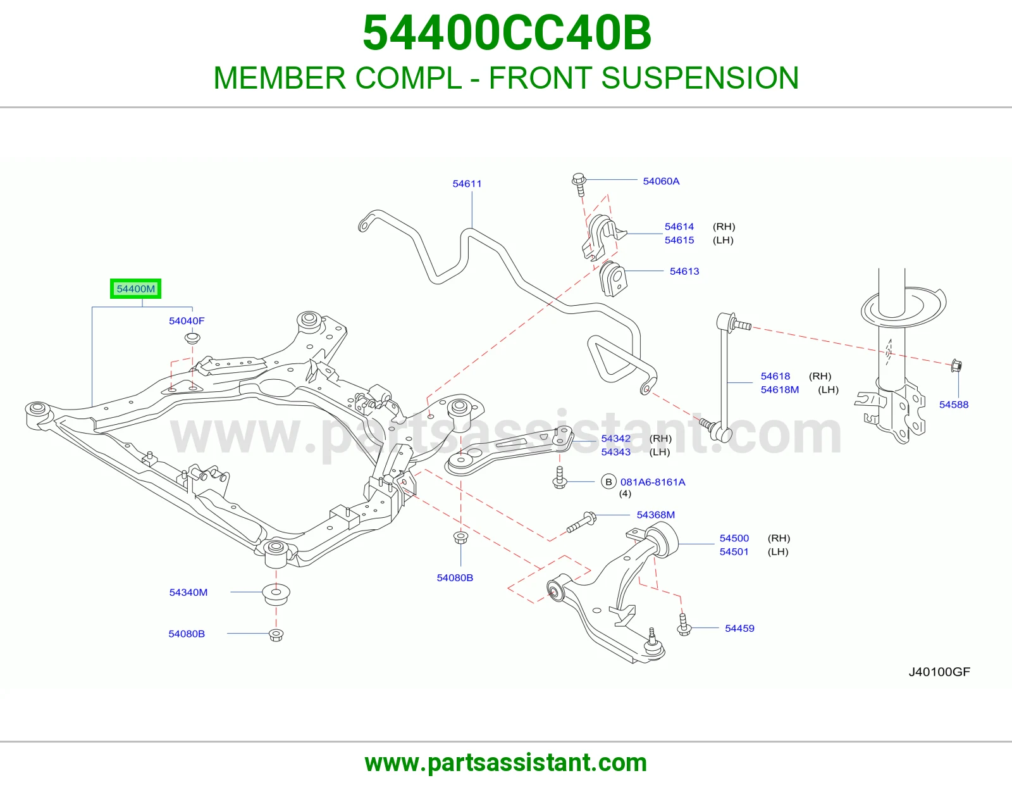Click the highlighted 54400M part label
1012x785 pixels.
(x=135, y=289)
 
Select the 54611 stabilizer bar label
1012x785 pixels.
(x=467, y=184)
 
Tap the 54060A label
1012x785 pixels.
(x=661, y=181)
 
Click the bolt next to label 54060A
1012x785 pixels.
(x=579, y=185)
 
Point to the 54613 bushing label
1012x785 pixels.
(x=684, y=271)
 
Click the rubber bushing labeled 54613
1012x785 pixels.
(x=613, y=279)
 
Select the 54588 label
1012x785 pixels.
(x=953, y=404)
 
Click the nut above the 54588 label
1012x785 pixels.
(x=956, y=365)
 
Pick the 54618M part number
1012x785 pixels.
(x=780, y=389)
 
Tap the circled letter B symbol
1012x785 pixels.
(x=608, y=482)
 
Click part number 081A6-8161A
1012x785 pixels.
(x=653, y=482)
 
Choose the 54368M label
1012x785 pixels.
(x=655, y=515)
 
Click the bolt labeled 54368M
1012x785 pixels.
(x=581, y=522)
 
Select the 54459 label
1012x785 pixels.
(x=739, y=628)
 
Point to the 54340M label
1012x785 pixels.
(x=188, y=592)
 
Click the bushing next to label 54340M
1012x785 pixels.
(x=276, y=594)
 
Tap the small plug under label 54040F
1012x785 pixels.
(x=192, y=337)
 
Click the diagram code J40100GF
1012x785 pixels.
(x=939, y=672)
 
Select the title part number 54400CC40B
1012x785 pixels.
(x=507, y=33)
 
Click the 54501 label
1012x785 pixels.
(x=734, y=551)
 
